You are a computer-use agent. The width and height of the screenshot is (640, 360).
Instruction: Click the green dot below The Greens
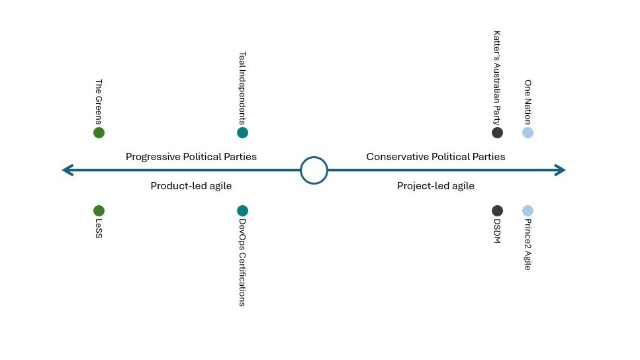click(99, 132)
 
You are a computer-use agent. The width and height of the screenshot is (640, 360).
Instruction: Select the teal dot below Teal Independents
click(242, 132)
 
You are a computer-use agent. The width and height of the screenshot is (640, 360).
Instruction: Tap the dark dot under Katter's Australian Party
click(497, 132)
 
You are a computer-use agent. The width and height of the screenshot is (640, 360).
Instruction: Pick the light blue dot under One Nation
click(527, 132)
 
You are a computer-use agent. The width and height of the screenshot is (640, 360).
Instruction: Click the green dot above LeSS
click(99, 210)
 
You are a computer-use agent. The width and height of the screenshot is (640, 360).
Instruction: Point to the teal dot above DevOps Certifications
click(242, 210)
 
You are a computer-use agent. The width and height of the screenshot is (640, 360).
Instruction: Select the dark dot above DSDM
click(497, 210)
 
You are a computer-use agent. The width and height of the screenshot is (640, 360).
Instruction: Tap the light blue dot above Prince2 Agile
click(527, 210)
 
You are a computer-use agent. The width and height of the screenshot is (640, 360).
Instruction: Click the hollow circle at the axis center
click(314, 170)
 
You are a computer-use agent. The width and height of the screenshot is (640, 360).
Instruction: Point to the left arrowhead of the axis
click(66, 170)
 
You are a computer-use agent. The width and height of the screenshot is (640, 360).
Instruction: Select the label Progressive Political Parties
click(191, 157)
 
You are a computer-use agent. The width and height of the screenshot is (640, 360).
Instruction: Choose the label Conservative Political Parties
click(435, 157)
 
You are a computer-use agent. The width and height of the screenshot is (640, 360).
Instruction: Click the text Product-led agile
click(191, 186)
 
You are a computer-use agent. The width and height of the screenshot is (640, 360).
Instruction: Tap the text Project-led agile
click(435, 186)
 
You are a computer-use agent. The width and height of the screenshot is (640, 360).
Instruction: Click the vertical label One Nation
click(527, 102)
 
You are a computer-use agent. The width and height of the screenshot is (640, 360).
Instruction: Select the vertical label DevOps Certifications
click(242, 263)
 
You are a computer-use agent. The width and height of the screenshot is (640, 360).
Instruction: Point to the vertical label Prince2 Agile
click(527, 245)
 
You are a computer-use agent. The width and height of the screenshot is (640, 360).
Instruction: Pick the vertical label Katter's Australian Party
click(497, 77)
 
